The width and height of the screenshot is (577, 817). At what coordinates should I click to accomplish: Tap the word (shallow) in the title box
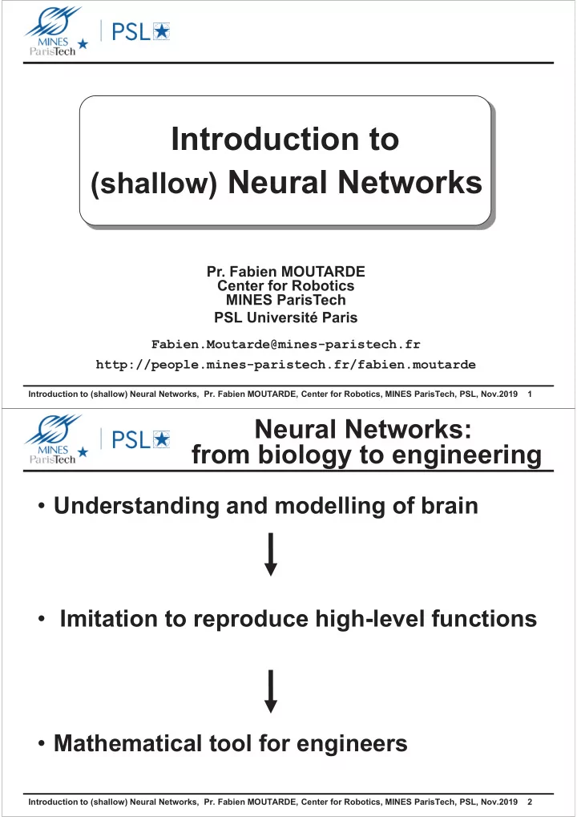point(154,184)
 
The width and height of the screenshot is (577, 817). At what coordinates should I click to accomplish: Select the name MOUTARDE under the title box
point(323,272)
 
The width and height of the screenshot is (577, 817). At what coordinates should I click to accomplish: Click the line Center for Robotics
point(286,285)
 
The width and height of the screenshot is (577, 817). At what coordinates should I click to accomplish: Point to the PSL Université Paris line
point(286,317)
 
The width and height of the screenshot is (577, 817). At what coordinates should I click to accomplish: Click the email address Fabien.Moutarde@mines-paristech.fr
point(286,345)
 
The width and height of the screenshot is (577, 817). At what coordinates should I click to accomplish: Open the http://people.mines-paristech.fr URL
point(286,364)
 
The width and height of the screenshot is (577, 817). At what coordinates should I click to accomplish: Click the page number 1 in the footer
point(530,394)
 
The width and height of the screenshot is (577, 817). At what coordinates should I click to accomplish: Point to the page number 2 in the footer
point(530,802)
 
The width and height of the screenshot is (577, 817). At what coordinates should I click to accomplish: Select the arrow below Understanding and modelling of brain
point(271,554)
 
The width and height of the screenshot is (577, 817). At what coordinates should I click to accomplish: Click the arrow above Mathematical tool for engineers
point(271,691)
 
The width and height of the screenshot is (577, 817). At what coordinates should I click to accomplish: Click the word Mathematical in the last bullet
point(127,743)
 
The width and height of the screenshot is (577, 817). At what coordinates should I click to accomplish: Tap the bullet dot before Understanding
point(42,507)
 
